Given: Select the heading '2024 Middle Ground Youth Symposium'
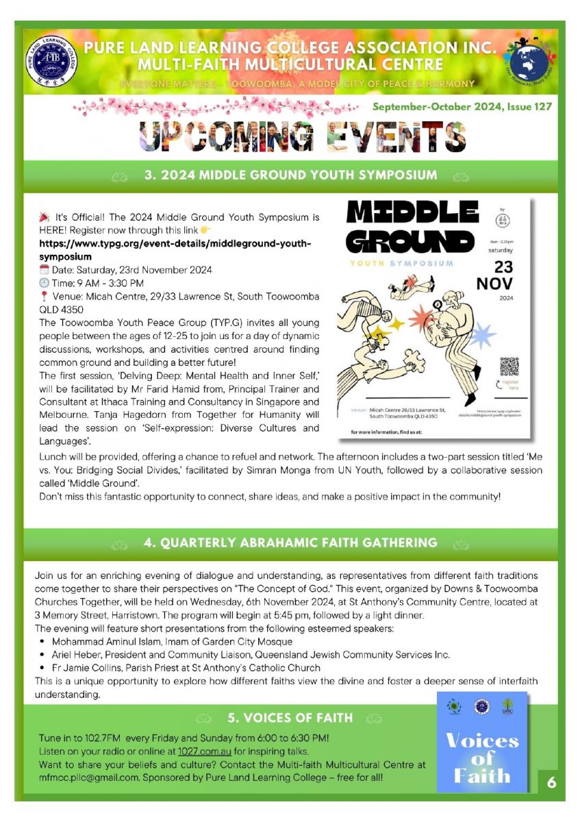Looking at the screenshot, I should point(290,175).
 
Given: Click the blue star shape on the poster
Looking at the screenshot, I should point(483,336).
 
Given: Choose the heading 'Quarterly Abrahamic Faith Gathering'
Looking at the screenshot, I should point(290,543).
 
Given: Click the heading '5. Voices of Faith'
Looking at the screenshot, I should point(290,719).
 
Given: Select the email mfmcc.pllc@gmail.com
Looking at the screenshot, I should point(87,778).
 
